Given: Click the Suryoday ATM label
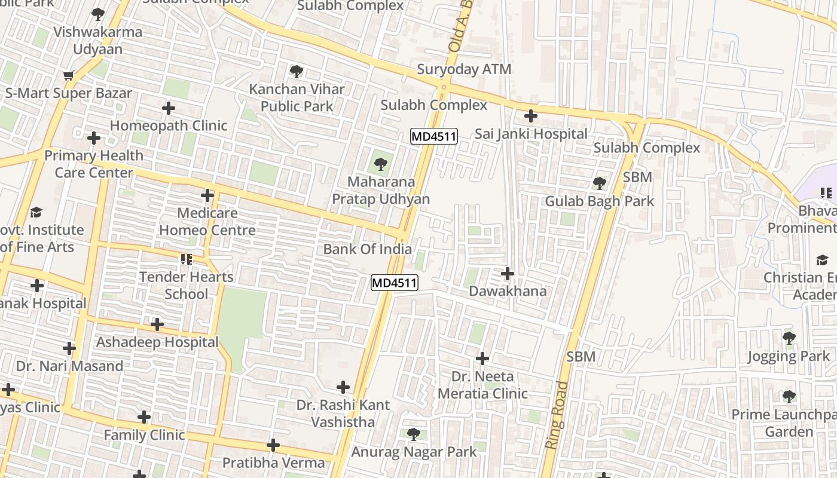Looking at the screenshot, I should (464, 69).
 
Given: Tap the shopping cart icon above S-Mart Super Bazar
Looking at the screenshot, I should (68, 76).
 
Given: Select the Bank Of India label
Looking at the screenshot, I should (367, 249).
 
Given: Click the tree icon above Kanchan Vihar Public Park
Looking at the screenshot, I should (296, 72).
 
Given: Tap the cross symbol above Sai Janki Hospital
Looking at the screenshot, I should (530, 116).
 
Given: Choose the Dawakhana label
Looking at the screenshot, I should (508, 291).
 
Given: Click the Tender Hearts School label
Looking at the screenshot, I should (187, 286).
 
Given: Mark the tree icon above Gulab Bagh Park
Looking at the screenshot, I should (599, 183).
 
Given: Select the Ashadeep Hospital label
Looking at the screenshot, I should (157, 342).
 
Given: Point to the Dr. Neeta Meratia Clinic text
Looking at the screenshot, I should (482, 385).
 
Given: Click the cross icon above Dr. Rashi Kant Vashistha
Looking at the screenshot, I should (343, 387).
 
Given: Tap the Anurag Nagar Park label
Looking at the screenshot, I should (414, 452).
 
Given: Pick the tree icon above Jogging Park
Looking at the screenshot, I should (789, 338).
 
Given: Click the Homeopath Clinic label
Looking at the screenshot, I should (169, 125).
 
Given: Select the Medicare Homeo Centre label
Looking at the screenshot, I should (207, 222).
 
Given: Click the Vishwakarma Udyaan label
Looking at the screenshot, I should (98, 41).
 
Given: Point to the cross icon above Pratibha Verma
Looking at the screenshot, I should (273, 445).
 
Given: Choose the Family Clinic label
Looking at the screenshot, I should (144, 435).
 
